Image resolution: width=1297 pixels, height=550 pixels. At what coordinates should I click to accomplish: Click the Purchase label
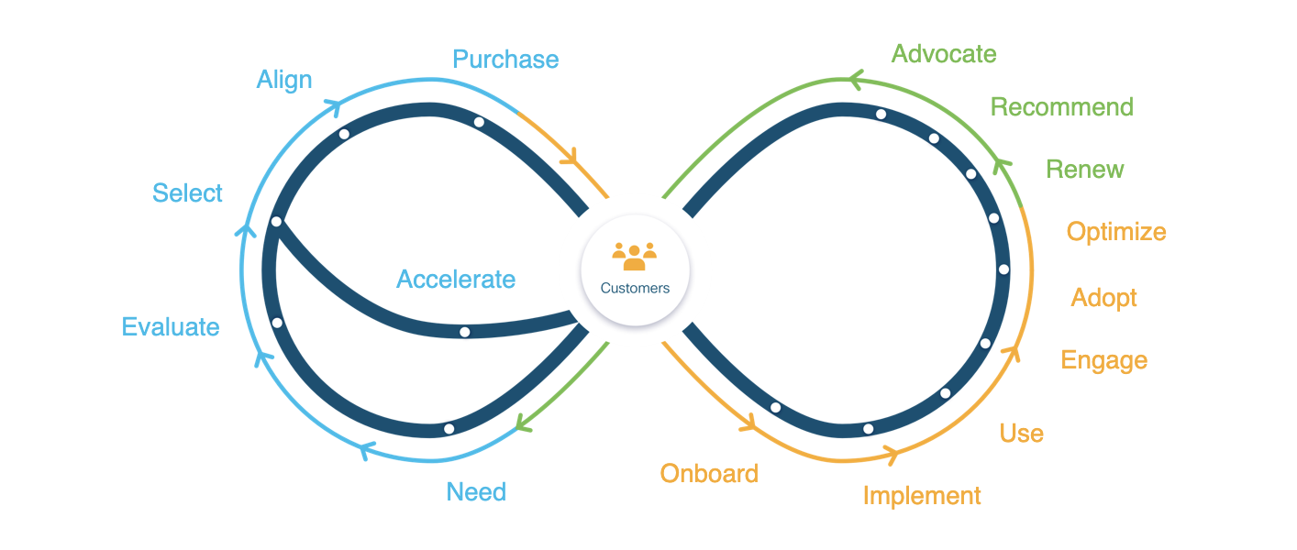(505, 60)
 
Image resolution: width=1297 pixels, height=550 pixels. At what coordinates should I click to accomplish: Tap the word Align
(284, 80)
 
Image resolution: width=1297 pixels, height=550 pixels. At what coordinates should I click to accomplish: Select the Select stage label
(187, 193)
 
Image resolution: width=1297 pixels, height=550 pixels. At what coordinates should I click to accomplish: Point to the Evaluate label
(171, 327)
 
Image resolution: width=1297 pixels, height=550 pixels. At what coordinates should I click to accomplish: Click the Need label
(476, 492)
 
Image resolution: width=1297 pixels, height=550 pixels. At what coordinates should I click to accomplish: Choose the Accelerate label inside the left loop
(456, 280)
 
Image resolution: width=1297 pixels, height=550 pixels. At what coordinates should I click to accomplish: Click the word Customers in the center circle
(635, 288)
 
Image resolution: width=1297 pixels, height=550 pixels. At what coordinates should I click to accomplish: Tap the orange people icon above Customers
(635, 256)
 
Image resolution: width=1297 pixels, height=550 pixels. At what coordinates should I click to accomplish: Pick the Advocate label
(944, 54)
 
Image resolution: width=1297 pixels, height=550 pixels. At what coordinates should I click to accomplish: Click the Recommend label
(1062, 107)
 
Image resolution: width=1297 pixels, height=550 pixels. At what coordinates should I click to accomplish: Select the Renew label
(1085, 170)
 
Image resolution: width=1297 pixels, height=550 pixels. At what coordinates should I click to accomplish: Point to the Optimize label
(1116, 232)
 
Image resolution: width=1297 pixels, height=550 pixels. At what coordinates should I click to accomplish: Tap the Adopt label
(1104, 298)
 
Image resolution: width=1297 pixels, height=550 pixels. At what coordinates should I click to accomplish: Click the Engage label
(1104, 360)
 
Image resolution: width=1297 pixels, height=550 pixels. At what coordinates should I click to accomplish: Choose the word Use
(1022, 434)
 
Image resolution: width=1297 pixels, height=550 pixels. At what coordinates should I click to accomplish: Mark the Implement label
(922, 496)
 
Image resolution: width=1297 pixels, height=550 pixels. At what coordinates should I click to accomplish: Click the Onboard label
(709, 474)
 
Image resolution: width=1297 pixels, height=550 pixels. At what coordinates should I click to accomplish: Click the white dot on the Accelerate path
(465, 332)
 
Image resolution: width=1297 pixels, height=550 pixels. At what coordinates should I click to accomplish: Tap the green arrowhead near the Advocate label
(855, 82)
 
